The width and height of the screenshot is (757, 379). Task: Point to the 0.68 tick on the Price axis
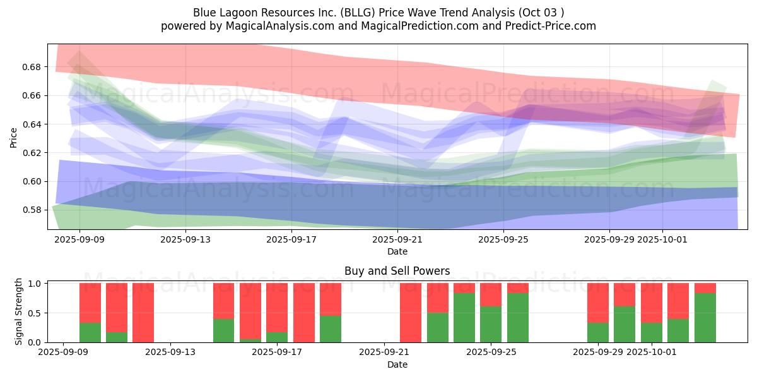[x=32, y=67]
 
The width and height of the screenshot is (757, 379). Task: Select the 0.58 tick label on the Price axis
[x=32, y=210]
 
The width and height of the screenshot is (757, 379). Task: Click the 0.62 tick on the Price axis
[x=32, y=153]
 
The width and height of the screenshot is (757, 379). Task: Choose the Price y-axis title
[x=14, y=137]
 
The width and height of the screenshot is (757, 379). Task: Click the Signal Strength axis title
[x=19, y=311]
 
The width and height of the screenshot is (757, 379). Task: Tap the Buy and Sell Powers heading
[x=397, y=271]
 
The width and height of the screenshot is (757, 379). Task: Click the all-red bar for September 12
[x=143, y=313]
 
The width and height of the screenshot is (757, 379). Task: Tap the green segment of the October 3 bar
[x=705, y=318]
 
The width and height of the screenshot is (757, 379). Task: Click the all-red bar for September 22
[x=411, y=313]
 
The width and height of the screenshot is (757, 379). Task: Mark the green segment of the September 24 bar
[x=464, y=318]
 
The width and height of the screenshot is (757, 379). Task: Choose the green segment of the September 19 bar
[x=331, y=329]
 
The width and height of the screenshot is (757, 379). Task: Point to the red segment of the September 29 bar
[x=598, y=303]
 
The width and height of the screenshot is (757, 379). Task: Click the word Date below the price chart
[x=397, y=251]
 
